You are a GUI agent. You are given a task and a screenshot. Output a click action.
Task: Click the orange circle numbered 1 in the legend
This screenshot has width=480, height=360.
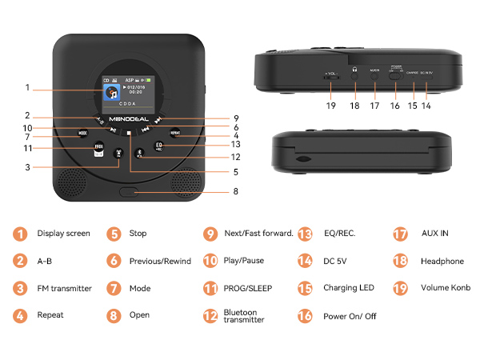pyautogui.click(x=19, y=234)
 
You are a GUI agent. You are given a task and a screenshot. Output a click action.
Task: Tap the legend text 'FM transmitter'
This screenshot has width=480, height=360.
pyautogui.click(x=65, y=288)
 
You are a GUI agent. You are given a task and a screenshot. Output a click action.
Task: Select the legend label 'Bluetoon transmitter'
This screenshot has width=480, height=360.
pyautogui.click(x=245, y=315)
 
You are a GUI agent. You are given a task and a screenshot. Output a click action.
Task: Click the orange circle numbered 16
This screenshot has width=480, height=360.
pyautogui.click(x=305, y=316)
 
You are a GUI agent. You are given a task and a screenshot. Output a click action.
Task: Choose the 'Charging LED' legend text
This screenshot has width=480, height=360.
pyautogui.click(x=350, y=288)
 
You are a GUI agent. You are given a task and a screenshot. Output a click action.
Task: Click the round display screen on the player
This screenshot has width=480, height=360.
pyautogui.click(x=128, y=93)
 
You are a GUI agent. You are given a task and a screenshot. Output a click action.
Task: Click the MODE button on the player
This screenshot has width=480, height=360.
pyautogui.click(x=83, y=134)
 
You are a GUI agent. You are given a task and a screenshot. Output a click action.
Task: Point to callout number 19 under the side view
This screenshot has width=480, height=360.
pyautogui.click(x=330, y=104)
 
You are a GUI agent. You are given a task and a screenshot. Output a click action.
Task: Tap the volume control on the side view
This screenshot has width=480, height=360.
pyautogui.click(x=330, y=77)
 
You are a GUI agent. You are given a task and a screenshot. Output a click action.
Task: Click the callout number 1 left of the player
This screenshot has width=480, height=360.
pyautogui.click(x=27, y=87)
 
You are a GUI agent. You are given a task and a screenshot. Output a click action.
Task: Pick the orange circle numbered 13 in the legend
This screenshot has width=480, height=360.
pyautogui.click(x=305, y=234)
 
